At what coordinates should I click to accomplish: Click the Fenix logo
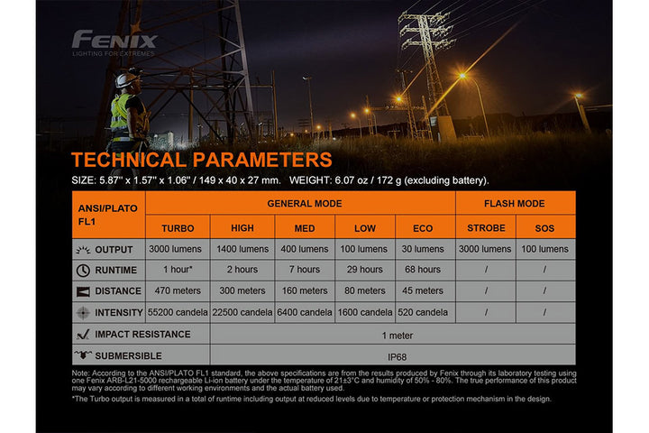(x=114, y=40)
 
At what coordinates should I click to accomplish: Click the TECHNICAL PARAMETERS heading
(x=202, y=161)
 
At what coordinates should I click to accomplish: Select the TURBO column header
(x=178, y=227)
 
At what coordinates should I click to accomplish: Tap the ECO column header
(x=423, y=227)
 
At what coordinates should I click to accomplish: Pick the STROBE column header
(x=485, y=227)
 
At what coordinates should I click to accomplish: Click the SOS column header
(x=545, y=227)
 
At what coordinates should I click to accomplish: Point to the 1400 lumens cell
(x=242, y=249)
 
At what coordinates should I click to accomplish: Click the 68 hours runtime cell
(x=423, y=270)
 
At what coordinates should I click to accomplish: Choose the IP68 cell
(x=393, y=355)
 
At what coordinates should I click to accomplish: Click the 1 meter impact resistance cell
(x=393, y=334)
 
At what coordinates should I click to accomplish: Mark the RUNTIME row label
(x=115, y=270)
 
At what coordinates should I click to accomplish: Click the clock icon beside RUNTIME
(x=83, y=270)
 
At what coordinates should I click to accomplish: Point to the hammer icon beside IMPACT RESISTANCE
(x=83, y=334)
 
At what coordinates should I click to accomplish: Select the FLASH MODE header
(x=515, y=204)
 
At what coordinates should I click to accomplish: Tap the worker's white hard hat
(x=127, y=79)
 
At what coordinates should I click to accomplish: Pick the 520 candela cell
(x=423, y=312)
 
